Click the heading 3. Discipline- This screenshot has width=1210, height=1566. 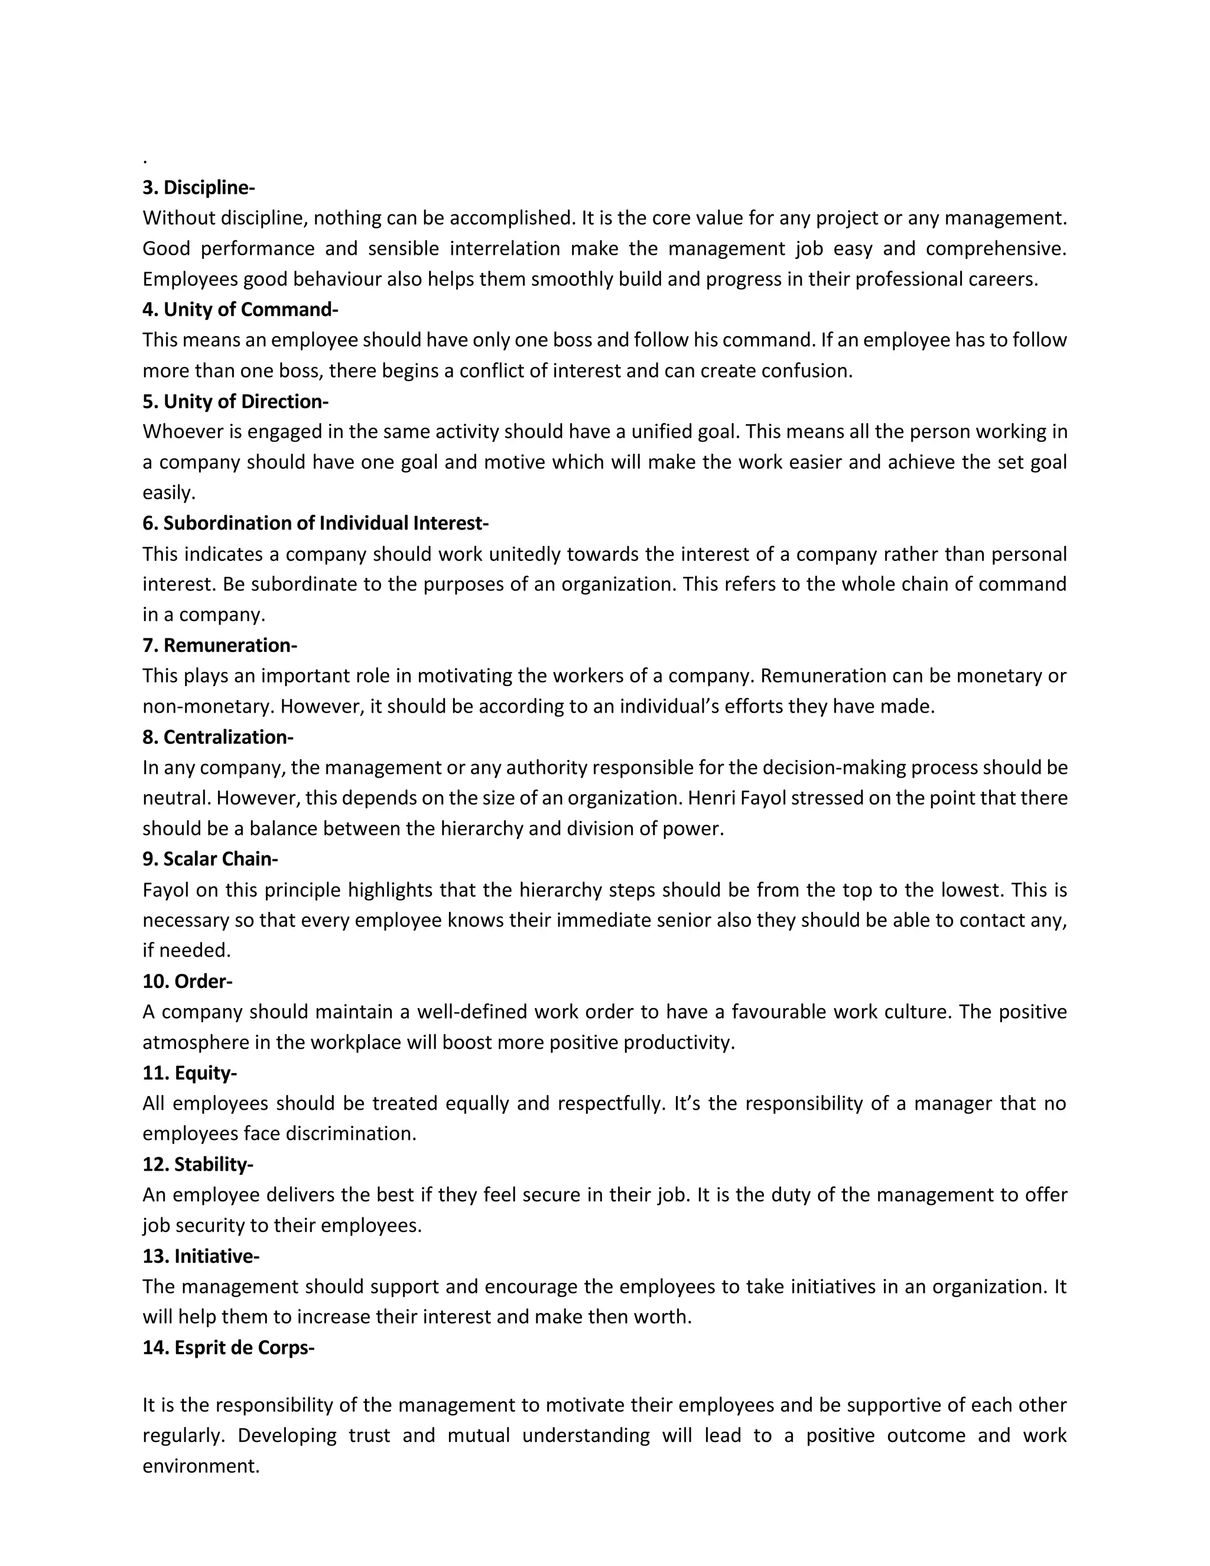click(199, 188)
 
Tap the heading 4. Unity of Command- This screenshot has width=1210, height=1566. click(240, 310)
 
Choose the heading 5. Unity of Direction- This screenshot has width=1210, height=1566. click(235, 401)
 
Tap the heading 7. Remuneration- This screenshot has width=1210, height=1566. click(219, 645)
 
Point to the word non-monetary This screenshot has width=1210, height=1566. click(208, 707)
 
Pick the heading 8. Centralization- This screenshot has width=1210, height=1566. click(218, 737)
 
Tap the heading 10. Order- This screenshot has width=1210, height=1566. click(187, 981)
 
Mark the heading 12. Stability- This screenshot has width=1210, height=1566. click(198, 1165)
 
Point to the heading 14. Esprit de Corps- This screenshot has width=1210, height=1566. click(229, 1348)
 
